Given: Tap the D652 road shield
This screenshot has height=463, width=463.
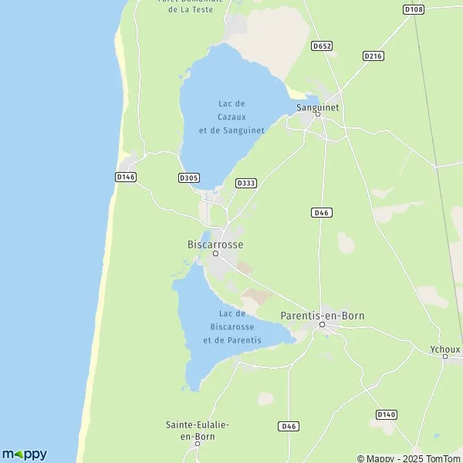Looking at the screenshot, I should click(x=322, y=46).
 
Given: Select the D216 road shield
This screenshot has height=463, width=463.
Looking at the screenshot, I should click(x=373, y=56).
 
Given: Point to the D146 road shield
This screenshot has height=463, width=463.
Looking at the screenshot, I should click(x=125, y=177).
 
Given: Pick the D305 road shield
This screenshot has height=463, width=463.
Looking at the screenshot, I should click(x=188, y=177).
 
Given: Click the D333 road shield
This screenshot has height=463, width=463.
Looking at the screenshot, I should click(x=246, y=183).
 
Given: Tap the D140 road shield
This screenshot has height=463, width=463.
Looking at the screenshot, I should click(x=387, y=414).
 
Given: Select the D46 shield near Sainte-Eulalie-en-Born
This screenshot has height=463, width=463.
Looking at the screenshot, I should click(x=288, y=425).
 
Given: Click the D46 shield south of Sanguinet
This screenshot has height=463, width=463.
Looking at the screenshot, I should click(x=322, y=212).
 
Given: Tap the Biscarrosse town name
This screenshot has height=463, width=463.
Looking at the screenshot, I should click(x=215, y=244).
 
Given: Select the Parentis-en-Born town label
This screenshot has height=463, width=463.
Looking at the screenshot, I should click(x=322, y=315).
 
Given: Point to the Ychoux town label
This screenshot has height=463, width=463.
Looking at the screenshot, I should click(x=444, y=349).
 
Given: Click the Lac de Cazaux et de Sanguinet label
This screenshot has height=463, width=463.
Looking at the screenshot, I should click(x=231, y=117).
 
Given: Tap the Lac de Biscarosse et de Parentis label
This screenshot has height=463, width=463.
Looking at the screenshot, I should click(x=231, y=326).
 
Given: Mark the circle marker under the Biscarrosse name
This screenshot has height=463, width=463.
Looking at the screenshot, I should click(x=216, y=253).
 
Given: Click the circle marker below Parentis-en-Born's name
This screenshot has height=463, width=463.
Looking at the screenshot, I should click(x=323, y=325).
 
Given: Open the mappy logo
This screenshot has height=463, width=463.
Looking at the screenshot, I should click(x=24, y=454).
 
